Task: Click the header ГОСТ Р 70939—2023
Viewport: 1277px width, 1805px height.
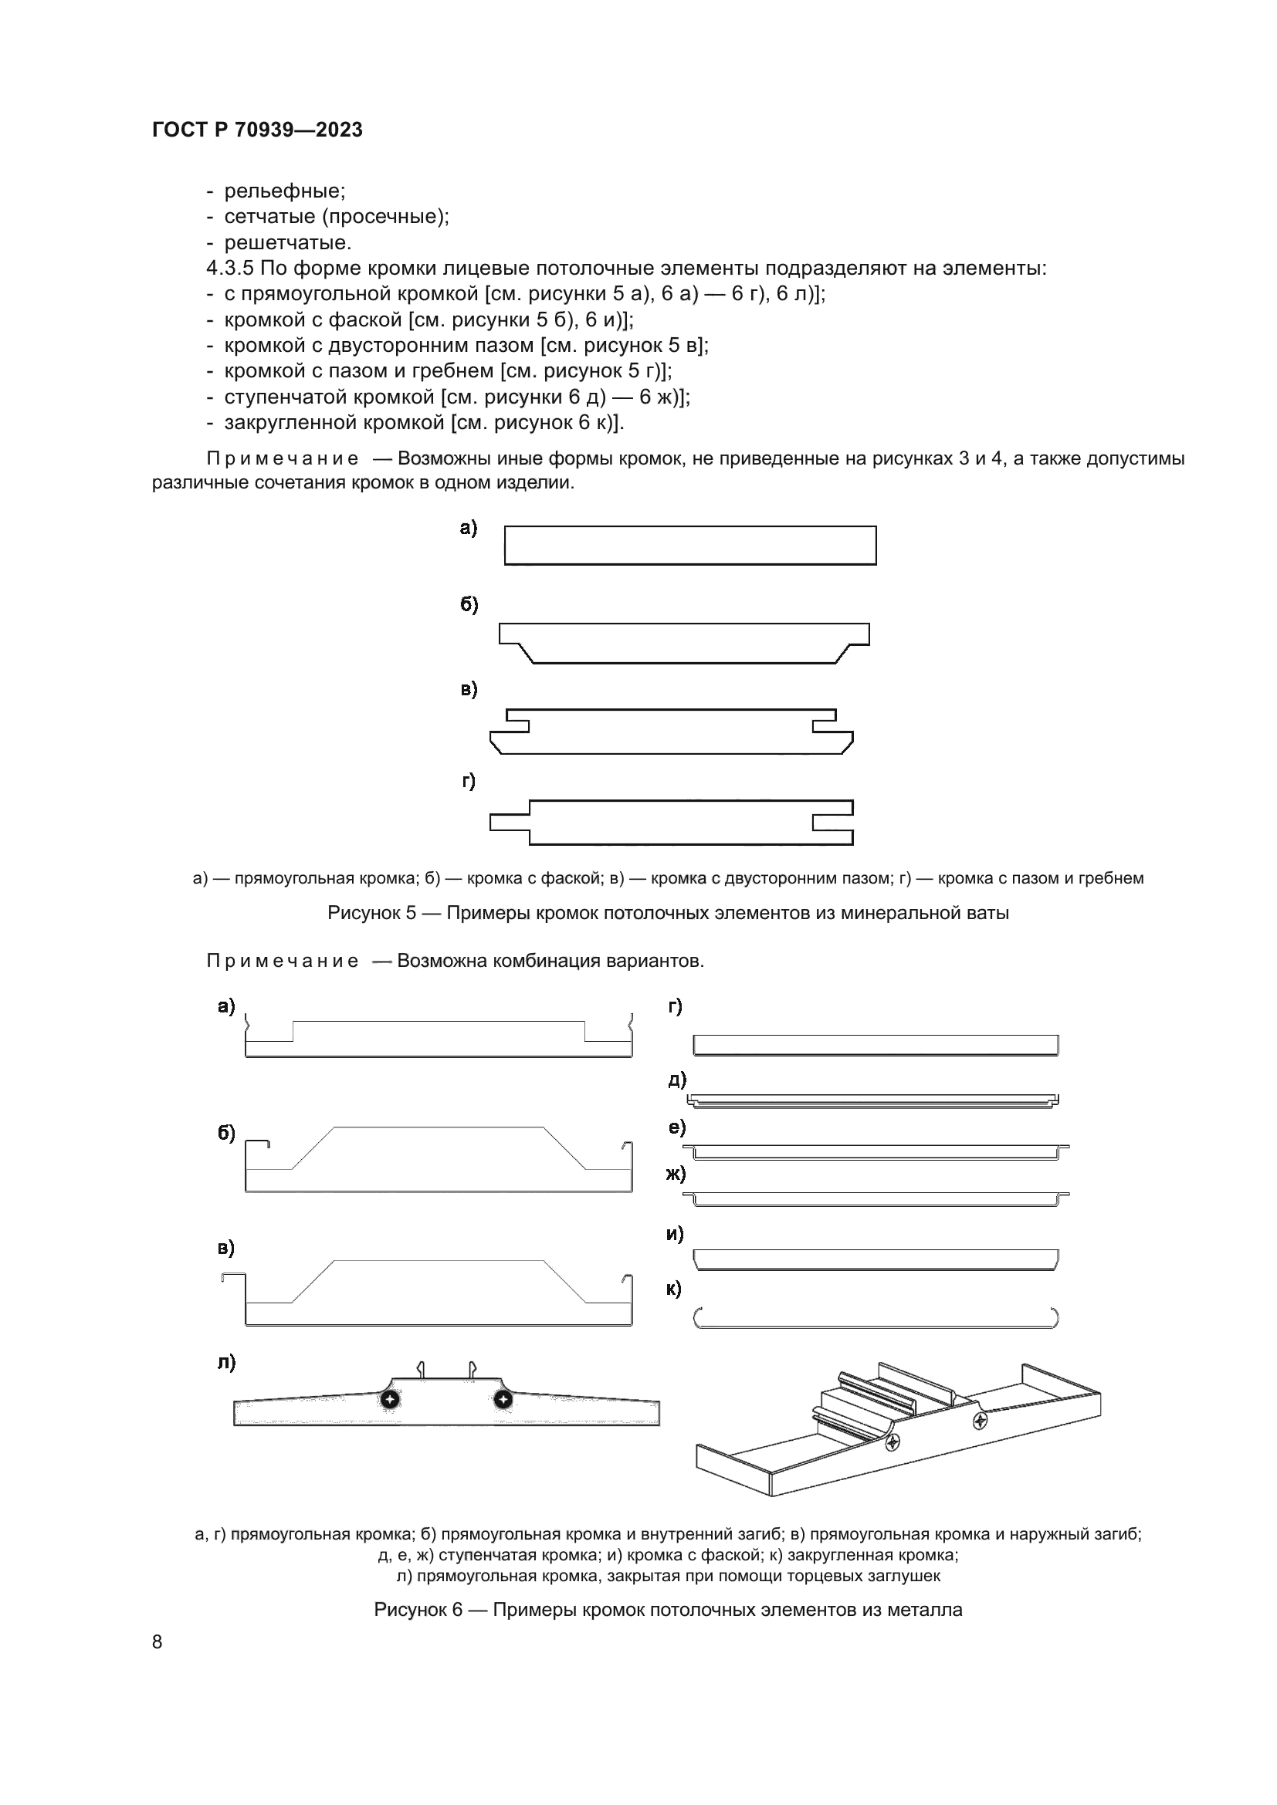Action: point(257,130)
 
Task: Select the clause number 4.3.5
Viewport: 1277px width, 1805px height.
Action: point(229,268)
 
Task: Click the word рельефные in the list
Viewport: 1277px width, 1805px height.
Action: point(284,191)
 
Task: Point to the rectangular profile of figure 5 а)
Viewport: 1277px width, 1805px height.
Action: point(689,545)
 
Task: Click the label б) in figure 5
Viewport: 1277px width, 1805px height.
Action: point(469,604)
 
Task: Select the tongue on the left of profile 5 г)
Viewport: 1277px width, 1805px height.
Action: point(509,823)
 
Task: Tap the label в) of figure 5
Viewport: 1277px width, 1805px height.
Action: point(469,689)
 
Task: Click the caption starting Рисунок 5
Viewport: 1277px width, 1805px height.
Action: point(668,913)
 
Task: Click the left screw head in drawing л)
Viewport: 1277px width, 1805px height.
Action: point(390,1399)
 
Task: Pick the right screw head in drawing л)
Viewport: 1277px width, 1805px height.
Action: point(503,1399)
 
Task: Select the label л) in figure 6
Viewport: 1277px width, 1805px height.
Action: point(226,1362)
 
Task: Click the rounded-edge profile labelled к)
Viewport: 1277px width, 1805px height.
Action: point(876,1318)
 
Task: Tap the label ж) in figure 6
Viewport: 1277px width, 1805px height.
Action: point(676,1174)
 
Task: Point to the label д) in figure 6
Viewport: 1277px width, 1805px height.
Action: point(677,1080)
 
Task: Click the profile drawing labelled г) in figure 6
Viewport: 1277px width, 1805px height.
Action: point(876,1045)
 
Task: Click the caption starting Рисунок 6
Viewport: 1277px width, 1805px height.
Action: point(668,1609)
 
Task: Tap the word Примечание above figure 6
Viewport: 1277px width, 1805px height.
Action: point(283,961)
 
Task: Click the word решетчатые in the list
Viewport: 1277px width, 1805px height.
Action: point(287,242)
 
